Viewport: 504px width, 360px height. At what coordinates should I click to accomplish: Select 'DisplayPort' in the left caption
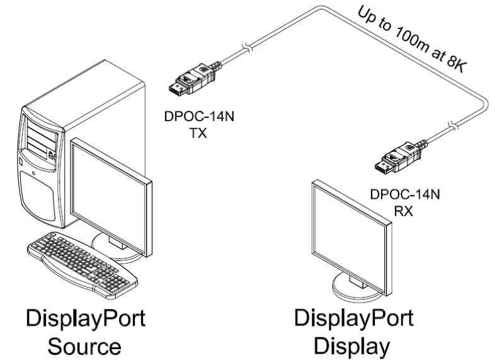tap(85, 318)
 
